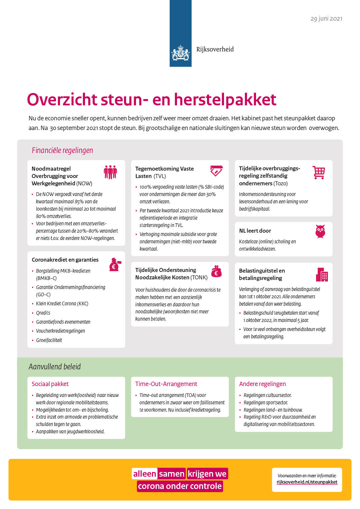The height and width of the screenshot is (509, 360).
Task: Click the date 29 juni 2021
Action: pos(326,19)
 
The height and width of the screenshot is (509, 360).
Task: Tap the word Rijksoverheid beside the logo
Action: pos(215,49)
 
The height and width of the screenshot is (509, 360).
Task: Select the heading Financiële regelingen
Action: pos(62,150)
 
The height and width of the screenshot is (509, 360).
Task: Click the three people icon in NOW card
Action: pos(110,172)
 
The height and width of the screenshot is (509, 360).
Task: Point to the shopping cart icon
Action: pos(319,172)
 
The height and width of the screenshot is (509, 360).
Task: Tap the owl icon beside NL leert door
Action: pos(320,231)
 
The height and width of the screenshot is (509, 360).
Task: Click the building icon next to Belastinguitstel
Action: pos(322,275)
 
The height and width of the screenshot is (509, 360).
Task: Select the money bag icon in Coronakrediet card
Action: pos(115,265)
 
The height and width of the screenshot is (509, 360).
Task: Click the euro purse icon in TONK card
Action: pos(216,271)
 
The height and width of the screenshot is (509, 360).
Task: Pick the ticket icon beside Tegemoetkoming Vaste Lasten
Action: pos(216,171)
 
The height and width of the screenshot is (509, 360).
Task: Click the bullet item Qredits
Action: pos(43,313)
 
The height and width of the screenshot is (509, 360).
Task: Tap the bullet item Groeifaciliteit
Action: pos(49,340)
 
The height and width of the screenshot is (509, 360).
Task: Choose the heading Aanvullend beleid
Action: pos(55,367)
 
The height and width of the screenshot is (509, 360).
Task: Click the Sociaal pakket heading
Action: pos(50,384)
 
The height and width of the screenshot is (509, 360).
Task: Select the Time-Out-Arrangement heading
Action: pos(166,384)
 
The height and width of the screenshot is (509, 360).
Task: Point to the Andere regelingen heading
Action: pos(262,384)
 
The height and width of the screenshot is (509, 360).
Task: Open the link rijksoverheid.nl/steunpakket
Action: pos(307,482)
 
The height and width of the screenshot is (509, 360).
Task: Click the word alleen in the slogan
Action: pos(145,474)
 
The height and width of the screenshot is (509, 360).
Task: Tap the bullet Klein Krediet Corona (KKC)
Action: pos(62,304)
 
